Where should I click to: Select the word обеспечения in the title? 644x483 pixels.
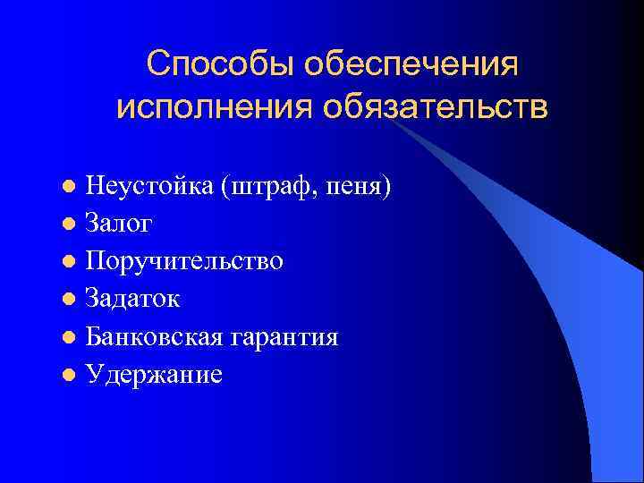coord(411,64)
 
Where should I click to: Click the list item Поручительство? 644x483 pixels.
coord(184,261)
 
